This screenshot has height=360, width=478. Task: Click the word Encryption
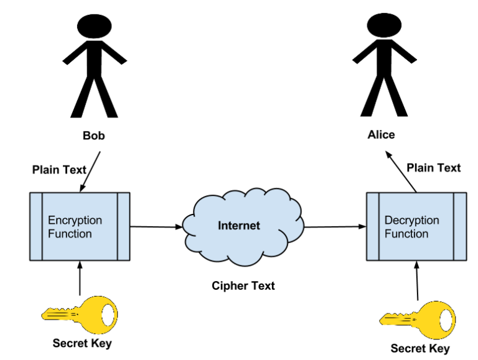pyautogui.click(x=75, y=220)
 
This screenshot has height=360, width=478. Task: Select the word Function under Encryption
pyautogui.click(x=70, y=234)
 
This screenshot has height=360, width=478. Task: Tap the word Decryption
pyautogui.click(x=411, y=220)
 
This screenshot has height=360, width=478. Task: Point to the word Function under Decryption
pyautogui.click(x=406, y=234)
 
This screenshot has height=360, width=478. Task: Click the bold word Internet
pyautogui.click(x=239, y=226)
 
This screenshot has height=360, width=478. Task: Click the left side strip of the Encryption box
pyautogui.click(x=36, y=226)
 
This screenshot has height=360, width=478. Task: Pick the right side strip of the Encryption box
pyautogui.click(x=123, y=226)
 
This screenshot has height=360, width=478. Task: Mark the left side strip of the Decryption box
pyautogui.click(x=373, y=226)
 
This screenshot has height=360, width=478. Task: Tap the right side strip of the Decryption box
pyautogui.click(x=460, y=226)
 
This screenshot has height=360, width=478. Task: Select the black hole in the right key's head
pyautogui.click(x=446, y=320)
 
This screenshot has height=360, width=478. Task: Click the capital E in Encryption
pyautogui.click(x=52, y=220)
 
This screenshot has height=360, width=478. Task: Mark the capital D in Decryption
pyautogui.click(x=388, y=220)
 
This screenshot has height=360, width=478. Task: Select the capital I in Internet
pyautogui.click(x=220, y=226)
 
